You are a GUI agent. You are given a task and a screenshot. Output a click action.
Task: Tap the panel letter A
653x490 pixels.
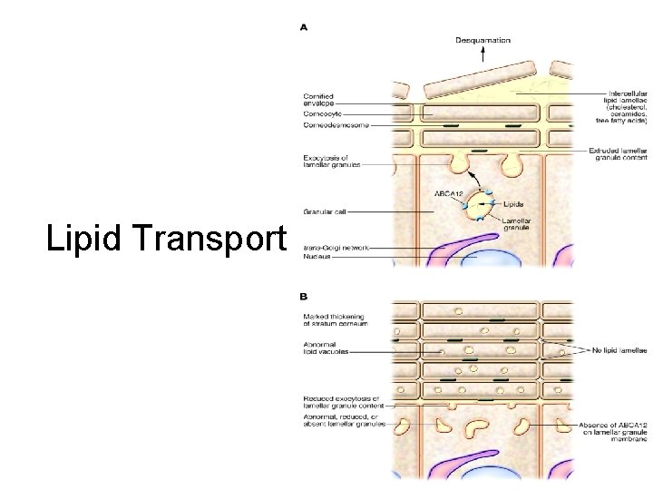point(304,27)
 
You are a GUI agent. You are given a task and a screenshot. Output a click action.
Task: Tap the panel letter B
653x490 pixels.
point(304,296)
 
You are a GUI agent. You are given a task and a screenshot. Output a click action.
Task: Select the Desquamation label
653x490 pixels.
point(482,40)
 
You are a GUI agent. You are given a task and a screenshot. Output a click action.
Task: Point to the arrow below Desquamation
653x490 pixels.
point(482,55)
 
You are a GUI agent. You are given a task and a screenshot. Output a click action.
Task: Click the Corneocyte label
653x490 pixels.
point(323,114)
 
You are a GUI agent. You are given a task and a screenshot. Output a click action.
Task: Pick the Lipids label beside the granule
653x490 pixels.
point(514,206)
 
